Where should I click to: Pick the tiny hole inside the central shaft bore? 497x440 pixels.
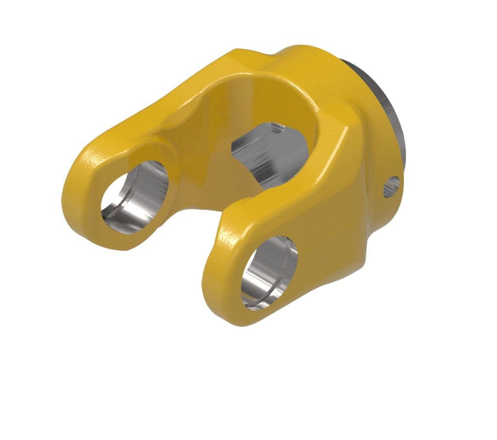(x=277, y=128)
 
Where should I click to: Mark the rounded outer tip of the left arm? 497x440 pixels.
(x=78, y=194)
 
